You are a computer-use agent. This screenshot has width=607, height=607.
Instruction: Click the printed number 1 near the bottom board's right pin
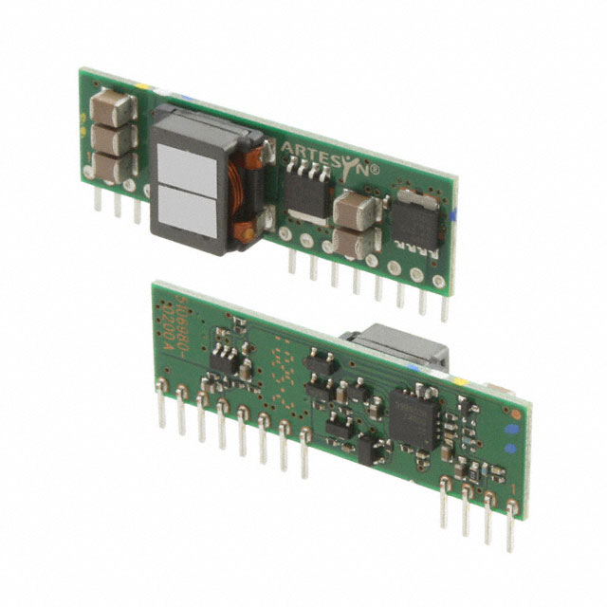tap(513, 487)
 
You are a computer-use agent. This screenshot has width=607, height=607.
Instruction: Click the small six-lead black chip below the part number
tap(224, 358)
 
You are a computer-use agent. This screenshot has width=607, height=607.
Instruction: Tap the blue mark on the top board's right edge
tap(454, 215)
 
